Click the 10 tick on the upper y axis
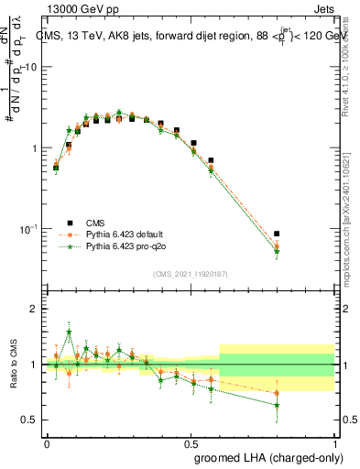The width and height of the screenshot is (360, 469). click(x=29, y=68)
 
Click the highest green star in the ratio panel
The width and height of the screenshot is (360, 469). click(x=69, y=333)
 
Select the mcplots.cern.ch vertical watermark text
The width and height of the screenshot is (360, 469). click(x=352, y=234)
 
